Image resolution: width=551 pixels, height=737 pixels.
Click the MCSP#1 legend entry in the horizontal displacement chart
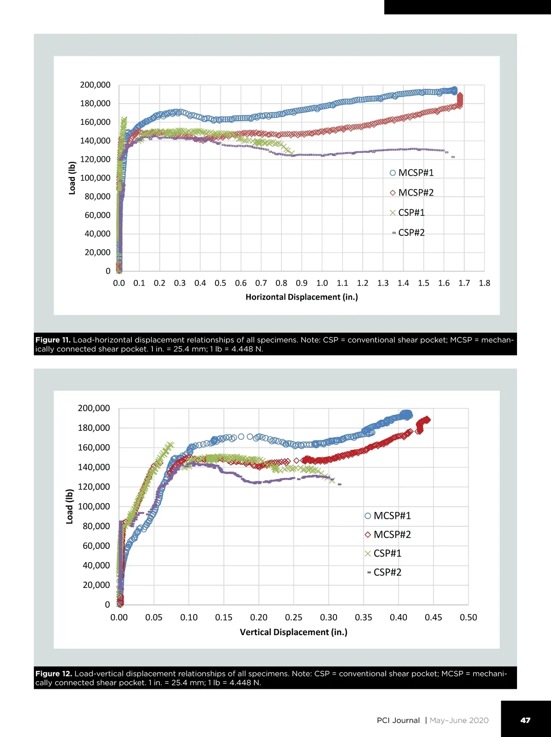412,173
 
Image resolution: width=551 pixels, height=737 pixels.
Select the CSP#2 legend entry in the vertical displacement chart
385,572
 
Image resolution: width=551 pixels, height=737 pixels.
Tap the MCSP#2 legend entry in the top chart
412,193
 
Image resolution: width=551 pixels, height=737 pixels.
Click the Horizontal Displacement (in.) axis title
302,297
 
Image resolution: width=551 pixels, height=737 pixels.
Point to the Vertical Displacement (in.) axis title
293,632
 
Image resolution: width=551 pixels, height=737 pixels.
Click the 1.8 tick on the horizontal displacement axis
484,283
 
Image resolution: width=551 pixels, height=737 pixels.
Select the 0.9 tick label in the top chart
302,283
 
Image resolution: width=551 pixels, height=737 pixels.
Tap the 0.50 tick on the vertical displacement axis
468,618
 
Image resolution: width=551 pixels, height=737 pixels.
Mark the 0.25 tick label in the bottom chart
293,618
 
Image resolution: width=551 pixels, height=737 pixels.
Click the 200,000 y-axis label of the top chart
95,85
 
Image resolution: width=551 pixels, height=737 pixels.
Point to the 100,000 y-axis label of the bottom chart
94,507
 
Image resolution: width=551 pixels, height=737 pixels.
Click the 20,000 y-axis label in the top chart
97,252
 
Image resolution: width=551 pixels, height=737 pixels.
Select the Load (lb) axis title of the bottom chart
70,507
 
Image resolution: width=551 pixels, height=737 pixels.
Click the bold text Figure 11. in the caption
53,340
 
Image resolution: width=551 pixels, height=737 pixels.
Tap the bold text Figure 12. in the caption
54,674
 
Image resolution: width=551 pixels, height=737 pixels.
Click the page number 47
525,720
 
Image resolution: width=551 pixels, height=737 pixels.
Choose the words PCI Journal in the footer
398,720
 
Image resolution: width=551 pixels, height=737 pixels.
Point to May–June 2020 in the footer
459,720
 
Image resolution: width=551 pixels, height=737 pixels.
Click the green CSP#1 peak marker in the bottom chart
170,446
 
